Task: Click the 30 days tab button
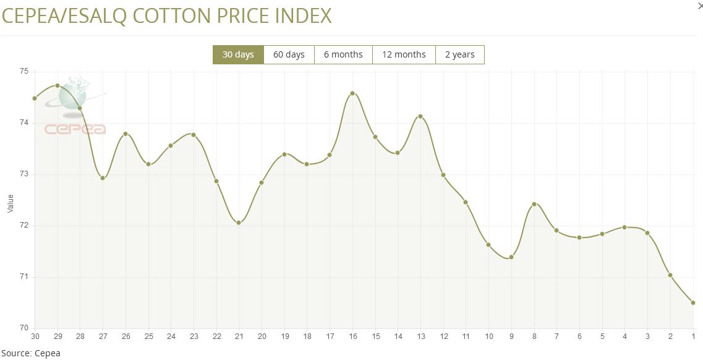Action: tap(238, 54)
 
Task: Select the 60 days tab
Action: tap(289, 54)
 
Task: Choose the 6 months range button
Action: tap(343, 54)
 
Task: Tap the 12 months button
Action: tap(404, 54)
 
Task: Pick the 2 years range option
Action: tap(460, 54)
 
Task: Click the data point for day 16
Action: tap(352, 93)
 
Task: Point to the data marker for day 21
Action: tap(239, 223)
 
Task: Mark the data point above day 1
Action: tap(693, 302)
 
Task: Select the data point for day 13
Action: tap(420, 116)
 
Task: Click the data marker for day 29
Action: tap(58, 85)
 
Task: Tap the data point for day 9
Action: tap(511, 257)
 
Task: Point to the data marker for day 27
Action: tap(103, 178)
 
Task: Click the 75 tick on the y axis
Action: tap(24, 71)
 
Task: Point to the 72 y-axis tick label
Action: tap(24, 226)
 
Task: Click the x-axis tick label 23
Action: tap(194, 336)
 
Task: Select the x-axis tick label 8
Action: tap(534, 336)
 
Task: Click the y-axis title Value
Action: tap(10, 204)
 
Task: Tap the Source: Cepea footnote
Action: tap(30, 353)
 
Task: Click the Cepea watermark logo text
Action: tap(75, 129)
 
